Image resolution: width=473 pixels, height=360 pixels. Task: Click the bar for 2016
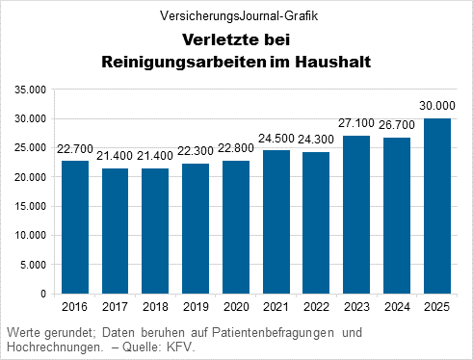click(75, 226)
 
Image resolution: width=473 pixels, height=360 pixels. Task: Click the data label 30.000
click(437, 105)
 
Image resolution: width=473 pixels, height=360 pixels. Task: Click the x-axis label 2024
click(397, 307)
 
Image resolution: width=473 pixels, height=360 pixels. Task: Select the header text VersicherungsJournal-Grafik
click(236, 16)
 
